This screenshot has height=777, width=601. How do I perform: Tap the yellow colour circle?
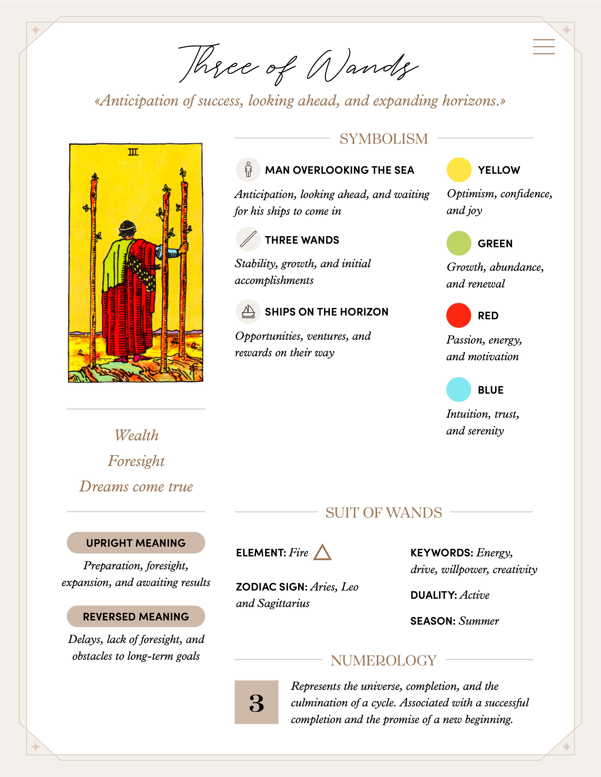click(459, 170)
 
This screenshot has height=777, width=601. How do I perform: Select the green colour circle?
click(459, 243)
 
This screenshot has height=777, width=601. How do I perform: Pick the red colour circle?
click(459, 315)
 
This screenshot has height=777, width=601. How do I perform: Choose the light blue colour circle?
click(459, 390)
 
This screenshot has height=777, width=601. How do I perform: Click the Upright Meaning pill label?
click(136, 543)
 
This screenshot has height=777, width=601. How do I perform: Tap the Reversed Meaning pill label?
click(136, 617)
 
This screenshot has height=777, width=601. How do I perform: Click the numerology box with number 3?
click(256, 702)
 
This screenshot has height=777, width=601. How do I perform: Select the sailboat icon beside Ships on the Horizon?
click(248, 312)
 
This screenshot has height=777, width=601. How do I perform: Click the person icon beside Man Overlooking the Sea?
click(248, 170)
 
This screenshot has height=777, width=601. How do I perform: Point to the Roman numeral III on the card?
click(133, 152)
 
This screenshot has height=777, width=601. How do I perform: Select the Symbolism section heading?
click(383, 139)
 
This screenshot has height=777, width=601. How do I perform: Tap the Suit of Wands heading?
click(383, 513)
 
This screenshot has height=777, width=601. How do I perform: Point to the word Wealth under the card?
click(136, 435)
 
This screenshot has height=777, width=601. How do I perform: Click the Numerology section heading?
click(383, 660)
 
